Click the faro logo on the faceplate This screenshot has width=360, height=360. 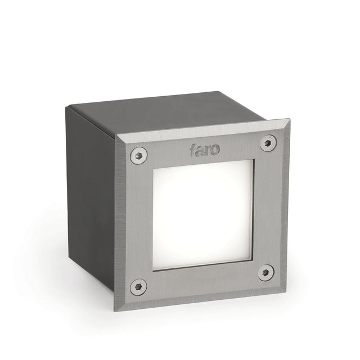[205, 149]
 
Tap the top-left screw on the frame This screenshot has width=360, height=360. [138, 155]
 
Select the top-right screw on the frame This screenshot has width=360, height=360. [268, 143]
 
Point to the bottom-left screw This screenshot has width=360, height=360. [138, 286]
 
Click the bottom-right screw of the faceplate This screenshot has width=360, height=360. [265, 273]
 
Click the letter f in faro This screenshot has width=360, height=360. [193, 150]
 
